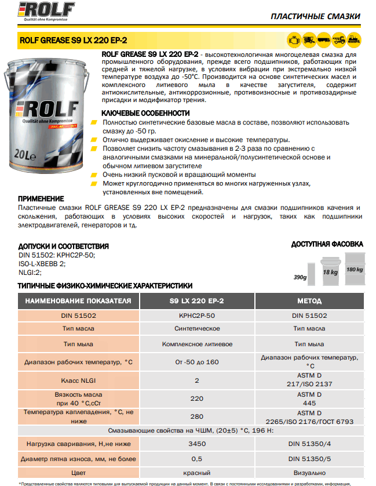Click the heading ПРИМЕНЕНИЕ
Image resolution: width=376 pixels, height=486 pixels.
tap(41, 198)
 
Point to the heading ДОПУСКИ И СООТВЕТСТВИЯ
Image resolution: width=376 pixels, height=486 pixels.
tap(64, 246)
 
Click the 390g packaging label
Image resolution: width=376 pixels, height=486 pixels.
tap(300, 277)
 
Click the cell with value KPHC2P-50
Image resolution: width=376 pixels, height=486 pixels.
tap(196, 315)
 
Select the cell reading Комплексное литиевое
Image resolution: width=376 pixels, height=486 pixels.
tap(196, 344)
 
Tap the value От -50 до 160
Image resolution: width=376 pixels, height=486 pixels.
tap(196, 362)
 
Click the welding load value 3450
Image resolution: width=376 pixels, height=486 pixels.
tap(196, 444)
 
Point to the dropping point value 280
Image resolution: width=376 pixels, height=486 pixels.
tap(196, 416)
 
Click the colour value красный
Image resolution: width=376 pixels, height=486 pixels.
tap(196, 473)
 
